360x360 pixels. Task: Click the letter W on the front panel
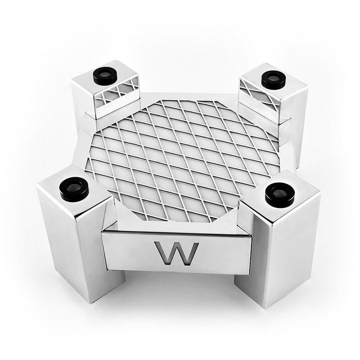click(x=176, y=253)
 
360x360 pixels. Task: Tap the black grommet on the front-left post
click(x=74, y=188)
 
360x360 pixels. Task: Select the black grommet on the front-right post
click(x=280, y=195)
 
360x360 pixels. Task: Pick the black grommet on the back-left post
click(x=105, y=76)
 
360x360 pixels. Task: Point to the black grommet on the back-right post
click(x=274, y=79)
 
